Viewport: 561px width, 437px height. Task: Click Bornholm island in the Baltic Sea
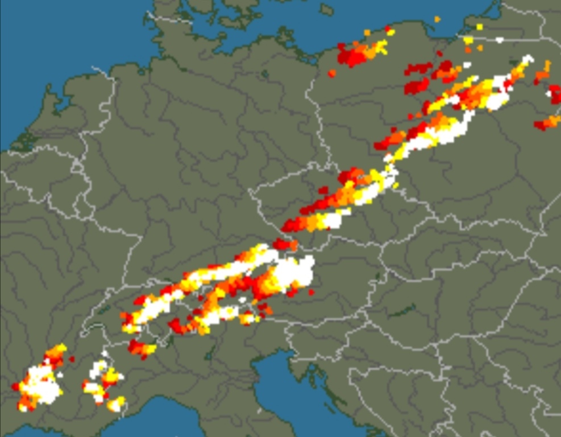(x=326, y=9)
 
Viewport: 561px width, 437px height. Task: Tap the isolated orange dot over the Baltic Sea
(x=437, y=19)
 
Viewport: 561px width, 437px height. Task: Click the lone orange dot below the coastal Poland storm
(x=332, y=73)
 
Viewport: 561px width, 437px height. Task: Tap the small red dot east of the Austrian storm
(x=311, y=292)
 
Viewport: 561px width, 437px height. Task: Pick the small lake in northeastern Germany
(x=265, y=74)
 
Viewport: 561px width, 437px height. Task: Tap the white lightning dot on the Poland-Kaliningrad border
(x=500, y=40)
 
